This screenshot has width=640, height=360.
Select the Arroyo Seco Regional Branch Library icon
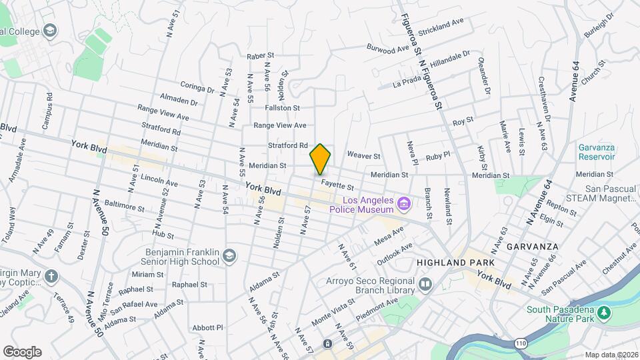coord(425,285)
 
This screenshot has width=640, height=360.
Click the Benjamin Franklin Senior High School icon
coord(229,257)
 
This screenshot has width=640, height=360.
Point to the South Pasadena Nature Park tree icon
coord(604,313)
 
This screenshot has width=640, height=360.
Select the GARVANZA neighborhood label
coord(532,246)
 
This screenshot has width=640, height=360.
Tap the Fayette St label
coord(337,182)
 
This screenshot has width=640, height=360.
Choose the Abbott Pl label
coord(207,327)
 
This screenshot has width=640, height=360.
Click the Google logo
coord(22,352)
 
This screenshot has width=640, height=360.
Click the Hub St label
coord(162,235)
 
